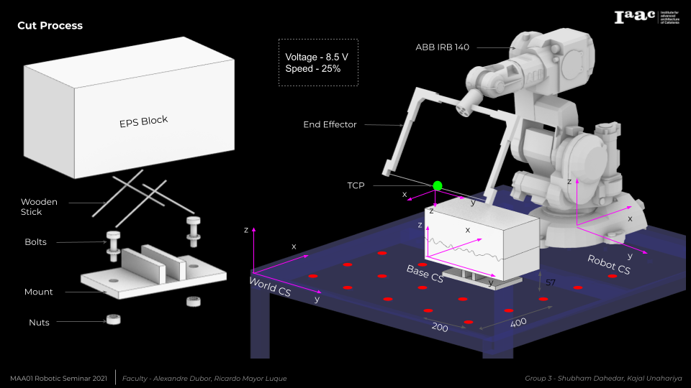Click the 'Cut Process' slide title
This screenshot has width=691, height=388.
[50, 26]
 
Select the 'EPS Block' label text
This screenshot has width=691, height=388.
[143, 121]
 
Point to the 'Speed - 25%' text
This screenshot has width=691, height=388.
[313, 69]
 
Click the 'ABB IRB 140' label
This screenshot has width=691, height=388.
[443, 47]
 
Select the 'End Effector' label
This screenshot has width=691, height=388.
[330, 124]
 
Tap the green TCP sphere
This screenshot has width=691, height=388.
[437, 186]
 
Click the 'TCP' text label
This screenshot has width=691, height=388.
[356, 185]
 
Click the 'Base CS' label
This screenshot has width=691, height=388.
[425, 273]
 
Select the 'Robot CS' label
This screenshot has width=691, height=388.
[608, 264]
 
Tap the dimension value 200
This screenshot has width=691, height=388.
[440, 328]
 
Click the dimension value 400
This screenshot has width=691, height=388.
[518, 322]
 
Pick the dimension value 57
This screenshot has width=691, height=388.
[550, 282]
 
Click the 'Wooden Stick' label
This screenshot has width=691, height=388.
[39, 207]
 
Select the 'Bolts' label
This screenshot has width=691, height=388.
[35, 242]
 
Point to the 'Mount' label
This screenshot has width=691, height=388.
[38, 292]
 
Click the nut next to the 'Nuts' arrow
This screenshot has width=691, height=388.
[112, 319]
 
